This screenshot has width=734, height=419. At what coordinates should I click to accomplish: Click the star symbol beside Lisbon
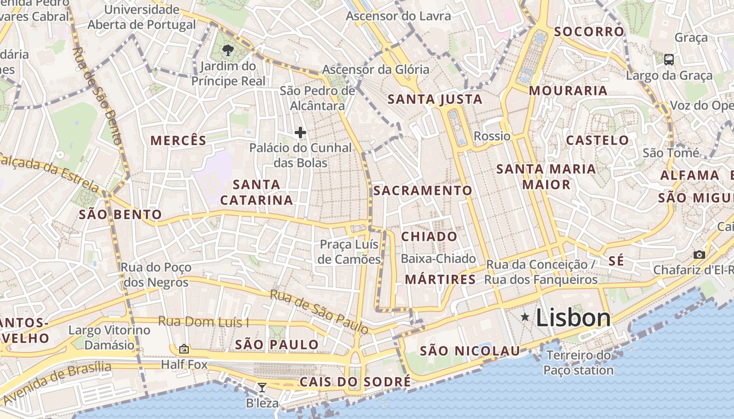[525, 317]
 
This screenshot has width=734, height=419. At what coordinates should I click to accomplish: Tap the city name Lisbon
[574, 318]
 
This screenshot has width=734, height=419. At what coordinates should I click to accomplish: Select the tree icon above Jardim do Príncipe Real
[228, 50]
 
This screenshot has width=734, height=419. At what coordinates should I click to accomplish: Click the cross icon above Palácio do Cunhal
[300, 133]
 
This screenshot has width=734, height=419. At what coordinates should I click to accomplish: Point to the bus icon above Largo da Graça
[669, 59]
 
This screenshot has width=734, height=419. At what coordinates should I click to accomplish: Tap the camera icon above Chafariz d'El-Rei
[699, 255]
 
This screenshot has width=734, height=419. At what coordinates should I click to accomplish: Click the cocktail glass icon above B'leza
[262, 387]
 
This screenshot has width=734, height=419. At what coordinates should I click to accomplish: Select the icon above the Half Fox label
[183, 348]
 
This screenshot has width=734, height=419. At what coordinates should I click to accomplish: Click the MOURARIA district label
[568, 91]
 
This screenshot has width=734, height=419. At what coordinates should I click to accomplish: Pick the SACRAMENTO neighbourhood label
[423, 190]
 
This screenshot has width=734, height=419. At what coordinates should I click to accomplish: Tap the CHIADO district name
[429, 237]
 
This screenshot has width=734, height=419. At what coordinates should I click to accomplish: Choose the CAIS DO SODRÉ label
[355, 382]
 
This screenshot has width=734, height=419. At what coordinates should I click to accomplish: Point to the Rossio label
[492, 136]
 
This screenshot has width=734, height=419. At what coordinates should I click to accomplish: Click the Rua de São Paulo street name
[319, 311]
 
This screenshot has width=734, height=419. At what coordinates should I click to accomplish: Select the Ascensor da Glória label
[375, 69]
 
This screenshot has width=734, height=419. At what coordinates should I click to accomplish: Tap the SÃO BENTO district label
[120, 214]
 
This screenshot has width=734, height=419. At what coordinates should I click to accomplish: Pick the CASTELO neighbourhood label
[597, 140]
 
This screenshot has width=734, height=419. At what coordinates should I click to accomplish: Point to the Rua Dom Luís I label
[203, 322]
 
